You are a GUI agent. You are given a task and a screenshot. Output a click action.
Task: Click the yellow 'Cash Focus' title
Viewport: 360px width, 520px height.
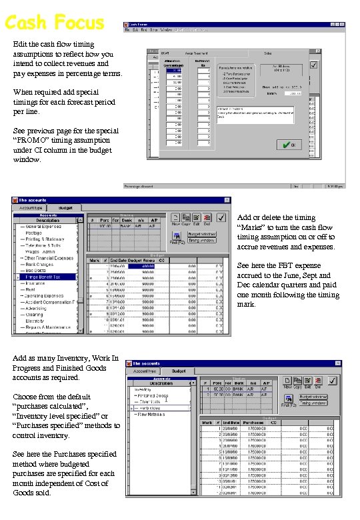coord(54,23)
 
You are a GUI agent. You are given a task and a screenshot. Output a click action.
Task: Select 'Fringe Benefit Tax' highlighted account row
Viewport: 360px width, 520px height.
coord(43,276)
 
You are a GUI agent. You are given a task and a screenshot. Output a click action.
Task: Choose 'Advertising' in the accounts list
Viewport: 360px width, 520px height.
coord(38,308)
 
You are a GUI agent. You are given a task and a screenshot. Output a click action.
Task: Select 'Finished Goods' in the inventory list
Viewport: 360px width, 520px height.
coord(155,395)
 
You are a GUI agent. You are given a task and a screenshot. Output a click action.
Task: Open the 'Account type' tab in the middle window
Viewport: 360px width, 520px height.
coord(30,207)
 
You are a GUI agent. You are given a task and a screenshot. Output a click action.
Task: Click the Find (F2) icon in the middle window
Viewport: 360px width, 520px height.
coord(177,237)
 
